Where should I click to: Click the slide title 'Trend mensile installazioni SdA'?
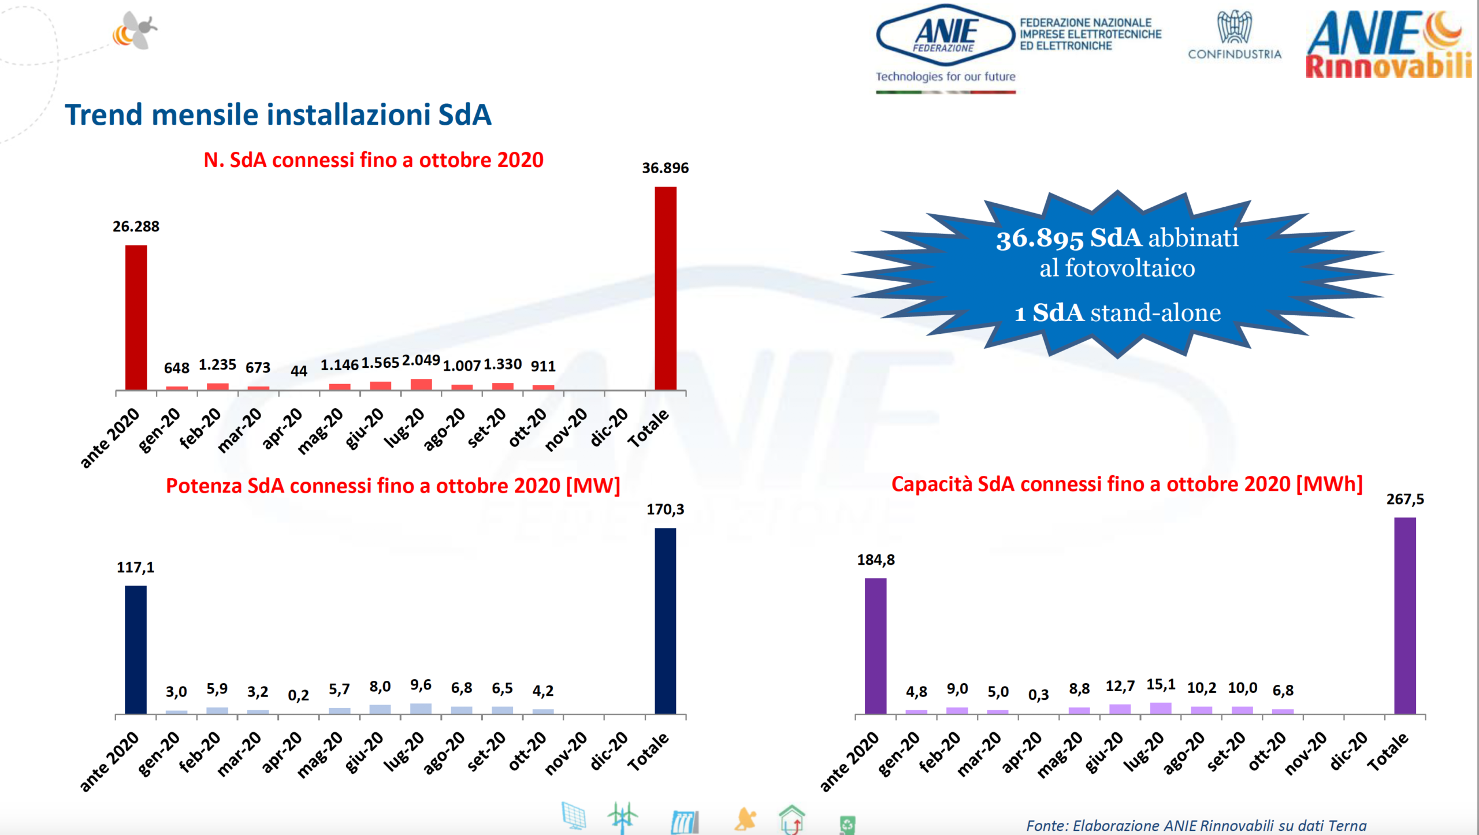tap(278, 114)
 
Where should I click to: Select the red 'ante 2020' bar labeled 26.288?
tap(136, 317)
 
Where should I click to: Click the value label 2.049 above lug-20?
tap(421, 360)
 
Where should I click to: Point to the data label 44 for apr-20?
tap(298, 371)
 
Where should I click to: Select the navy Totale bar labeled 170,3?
tap(665, 621)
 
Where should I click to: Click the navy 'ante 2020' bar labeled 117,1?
tap(136, 650)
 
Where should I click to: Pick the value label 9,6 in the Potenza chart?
tap(421, 685)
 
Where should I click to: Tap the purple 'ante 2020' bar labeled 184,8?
tap(875, 646)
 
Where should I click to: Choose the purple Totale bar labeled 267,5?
tap(1404, 616)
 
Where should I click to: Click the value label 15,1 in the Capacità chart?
tap(1161, 685)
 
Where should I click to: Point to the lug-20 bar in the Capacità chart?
tap(1161, 708)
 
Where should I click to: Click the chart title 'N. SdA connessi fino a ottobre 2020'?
tap(373, 160)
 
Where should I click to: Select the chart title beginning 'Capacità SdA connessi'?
tap(1127, 484)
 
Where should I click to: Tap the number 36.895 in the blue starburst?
tap(1039, 238)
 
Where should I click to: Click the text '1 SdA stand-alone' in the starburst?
tap(1117, 313)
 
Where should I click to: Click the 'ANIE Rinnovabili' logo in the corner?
tap(1389, 45)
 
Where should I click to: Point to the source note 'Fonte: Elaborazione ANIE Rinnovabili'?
tap(1196, 825)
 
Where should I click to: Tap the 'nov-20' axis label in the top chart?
tap(567, 428)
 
